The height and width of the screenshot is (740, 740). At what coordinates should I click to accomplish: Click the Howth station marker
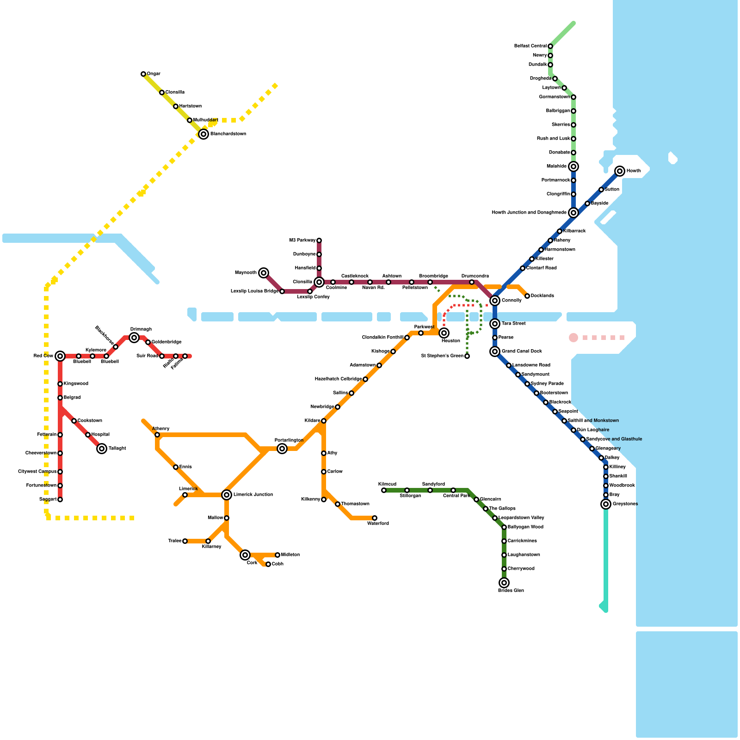pos(620,171)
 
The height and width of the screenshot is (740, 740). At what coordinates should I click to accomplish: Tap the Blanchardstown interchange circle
pos(203,134)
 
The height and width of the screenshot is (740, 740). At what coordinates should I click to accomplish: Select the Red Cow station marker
pos(60,356)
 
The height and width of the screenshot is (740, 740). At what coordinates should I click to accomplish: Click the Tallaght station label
pos(117,448)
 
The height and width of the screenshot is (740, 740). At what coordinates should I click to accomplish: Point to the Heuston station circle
pos(444,333)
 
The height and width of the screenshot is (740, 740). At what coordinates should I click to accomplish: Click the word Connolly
pos(512,300)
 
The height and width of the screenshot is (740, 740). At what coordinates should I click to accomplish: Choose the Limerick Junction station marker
pos(227,495)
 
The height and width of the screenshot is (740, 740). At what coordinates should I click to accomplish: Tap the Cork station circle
pos(245,555)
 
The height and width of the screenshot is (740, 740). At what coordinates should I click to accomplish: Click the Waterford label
pos(378,524)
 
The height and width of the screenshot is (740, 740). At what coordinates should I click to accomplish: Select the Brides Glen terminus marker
pos(504,583)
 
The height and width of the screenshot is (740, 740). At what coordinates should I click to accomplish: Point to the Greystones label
pos(625,504)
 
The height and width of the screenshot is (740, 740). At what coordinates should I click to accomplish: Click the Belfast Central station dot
pos(550,46)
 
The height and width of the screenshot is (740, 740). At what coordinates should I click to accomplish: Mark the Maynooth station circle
pos(264,273)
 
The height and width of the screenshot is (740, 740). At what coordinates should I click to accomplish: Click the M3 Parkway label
pos(302,240)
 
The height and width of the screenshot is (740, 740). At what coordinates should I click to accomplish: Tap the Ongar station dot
pos(143,74)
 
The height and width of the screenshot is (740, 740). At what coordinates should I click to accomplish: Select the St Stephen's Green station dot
pos(467,356)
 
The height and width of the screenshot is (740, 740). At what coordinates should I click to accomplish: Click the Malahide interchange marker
pos(573,166)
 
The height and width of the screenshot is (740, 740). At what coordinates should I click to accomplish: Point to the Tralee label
pos(175,541)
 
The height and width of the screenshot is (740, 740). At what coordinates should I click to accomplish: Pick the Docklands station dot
pos(527,296)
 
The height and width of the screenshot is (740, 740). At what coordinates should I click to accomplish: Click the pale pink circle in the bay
pos(573,338)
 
